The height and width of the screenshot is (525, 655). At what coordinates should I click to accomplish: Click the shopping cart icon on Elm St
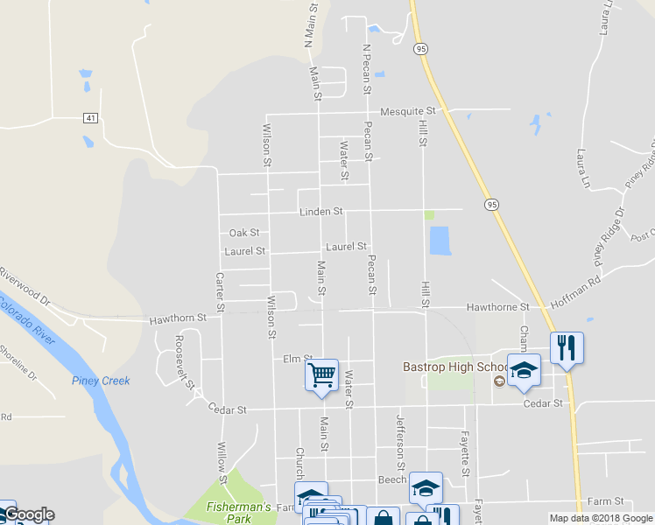tap(321, 374)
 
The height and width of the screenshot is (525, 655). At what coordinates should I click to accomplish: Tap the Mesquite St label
tap(413, 111)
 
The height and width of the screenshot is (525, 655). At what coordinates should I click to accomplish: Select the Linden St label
tap(320, 212)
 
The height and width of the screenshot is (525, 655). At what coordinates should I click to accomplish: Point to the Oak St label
tap(244, 233)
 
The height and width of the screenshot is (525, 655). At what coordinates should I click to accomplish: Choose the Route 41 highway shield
tap(90, 117)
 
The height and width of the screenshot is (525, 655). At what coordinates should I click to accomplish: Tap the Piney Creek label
tap(101, 381)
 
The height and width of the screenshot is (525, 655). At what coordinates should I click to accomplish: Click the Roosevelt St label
tap(184, 360)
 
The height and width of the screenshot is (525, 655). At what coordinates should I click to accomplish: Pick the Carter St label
tap(221, 291)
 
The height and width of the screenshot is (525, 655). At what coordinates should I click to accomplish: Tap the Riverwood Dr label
tap(25, 285)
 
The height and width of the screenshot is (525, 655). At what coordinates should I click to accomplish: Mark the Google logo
tap(28, 514)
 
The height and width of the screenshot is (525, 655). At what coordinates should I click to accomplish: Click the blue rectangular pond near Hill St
tap(440, 241)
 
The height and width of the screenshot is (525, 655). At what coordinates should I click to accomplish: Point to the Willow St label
tap(222, 463)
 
